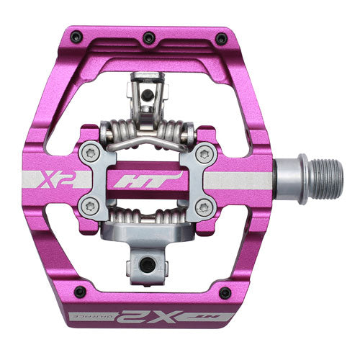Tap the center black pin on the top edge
pyautogui.click(x=149, y=37)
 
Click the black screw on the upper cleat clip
pyautogui.click(x=148, y=94)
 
